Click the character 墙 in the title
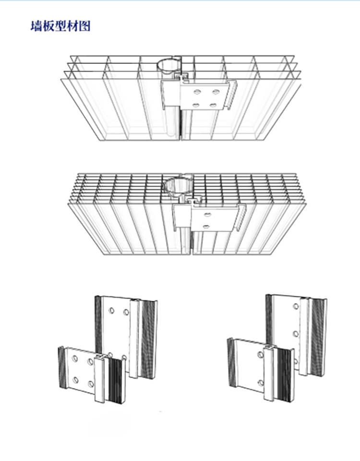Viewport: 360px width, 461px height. pyautogui.click(x=36, y=26)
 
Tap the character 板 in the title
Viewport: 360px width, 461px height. pyautogui.click(x=48, y=26)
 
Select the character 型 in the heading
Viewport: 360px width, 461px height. pyautogui.click(x=60, y=26)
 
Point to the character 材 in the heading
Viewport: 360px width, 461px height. pyautogui.click(x=72, y=26)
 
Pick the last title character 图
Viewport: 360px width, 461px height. pyautogui.click(x=84, y=26)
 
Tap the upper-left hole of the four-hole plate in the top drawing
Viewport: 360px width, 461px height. pyautogui.click(x=196, y=92)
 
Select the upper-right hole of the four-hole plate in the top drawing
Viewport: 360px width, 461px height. pyautogui.click(x=216, y=92)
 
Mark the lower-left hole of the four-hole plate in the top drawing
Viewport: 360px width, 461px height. pyautogui.click(x=195, y=105)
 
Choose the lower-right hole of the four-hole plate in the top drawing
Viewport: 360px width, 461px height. pyautogui.click(x=214, y=105)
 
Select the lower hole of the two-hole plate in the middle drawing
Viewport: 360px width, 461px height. pyautogui.click(x=206, y=226)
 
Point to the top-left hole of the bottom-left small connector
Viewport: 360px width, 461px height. pyautogui.click(x=75, y=358)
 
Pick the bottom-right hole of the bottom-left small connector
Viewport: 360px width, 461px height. pyautogui.click(x=91, y=384)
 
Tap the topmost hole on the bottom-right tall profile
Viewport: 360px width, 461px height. pyautogui.click(x=296, y=307)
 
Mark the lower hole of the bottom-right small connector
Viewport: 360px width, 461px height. pyautogui.click(x=261, y=383)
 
